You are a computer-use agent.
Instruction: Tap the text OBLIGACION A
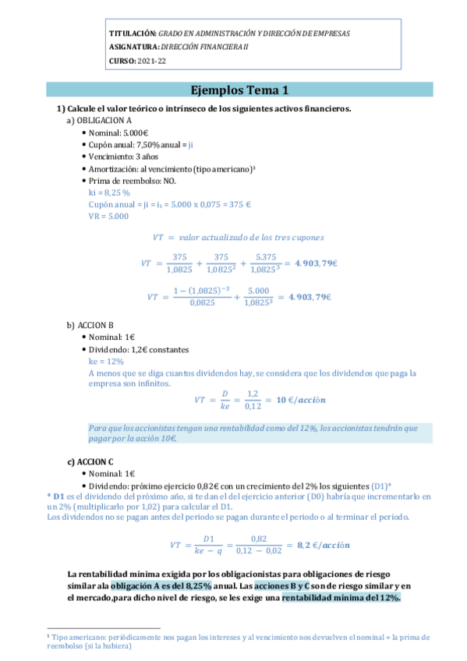pos(104,122)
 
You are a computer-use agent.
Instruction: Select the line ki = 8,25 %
pos(109,192)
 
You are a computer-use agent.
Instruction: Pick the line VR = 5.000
pos(108,216)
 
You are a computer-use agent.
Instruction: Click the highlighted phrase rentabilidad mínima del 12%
pos(341,597)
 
